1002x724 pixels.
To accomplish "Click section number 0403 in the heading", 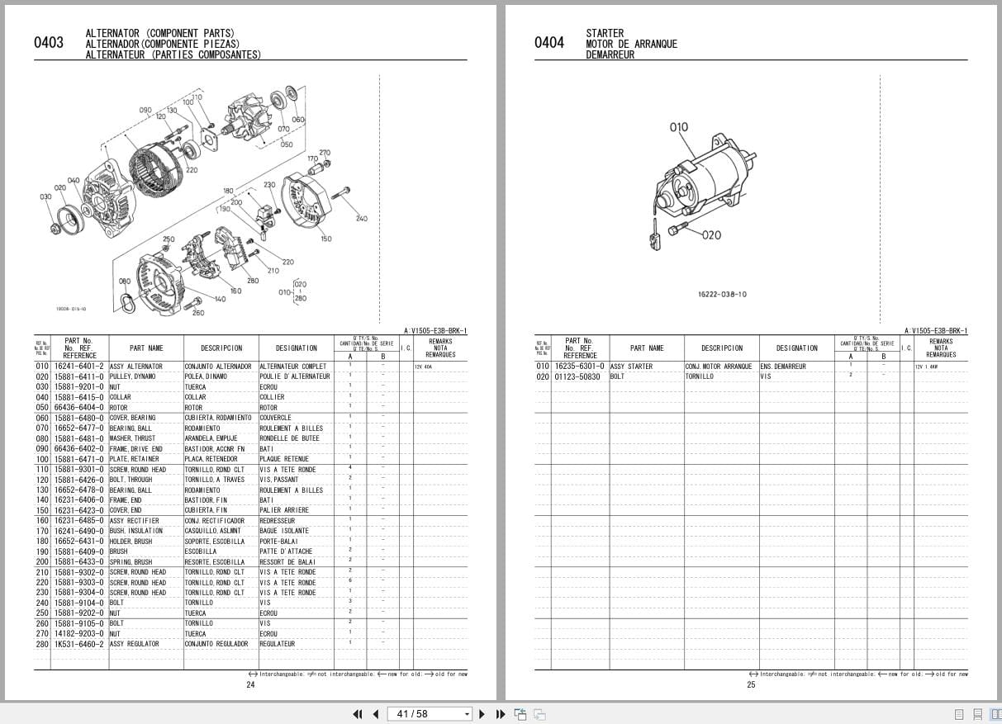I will pyautogui.click(x=49, y=43).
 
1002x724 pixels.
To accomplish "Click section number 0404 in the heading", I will pyautogui.click(x=549, y=43).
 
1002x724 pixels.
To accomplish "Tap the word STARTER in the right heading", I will pyautogui.click(x=605, y=34).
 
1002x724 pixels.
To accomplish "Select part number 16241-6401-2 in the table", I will pyautogui.click(x=79, y=366).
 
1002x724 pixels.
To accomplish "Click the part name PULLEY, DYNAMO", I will pyautogui.click(x=132, y=376).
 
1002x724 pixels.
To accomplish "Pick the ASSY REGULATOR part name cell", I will pyautogui.click(x=135, y=644).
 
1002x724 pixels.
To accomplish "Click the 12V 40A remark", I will pyautogui.click(x=424, y=367).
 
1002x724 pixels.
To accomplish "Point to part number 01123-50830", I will pyautogui.click(x=578, y=376).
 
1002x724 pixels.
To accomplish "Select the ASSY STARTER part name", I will pyautogui.click(x=631, y=367).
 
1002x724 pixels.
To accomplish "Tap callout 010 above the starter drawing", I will pyautogui.click(x=678, y=127).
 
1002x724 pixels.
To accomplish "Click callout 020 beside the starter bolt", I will pyautogui.click(x=711, y=235).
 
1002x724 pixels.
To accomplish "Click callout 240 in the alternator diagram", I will pyautogui.click(x=361, y=219).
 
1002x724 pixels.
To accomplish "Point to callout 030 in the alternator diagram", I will pyautogui.click(x=45, y=196).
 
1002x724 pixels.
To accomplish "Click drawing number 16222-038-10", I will pyautogui.click(x=722, y=294).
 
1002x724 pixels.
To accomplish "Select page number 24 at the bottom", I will pyautogui.click(x=250, y=684).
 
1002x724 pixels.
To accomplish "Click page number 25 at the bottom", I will pyautogui.click(x=751, y=684).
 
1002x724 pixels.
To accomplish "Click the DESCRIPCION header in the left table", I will pyautogui.click(x=221, y=348).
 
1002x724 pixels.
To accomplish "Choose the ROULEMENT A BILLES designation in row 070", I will pyautogui.click(x=291, y=428).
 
